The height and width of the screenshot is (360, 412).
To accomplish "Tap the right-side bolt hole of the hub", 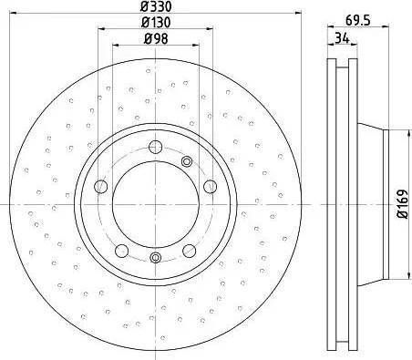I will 210,186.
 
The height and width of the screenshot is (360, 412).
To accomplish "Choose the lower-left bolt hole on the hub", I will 121,251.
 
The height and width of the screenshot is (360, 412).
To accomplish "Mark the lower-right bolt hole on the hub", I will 189,251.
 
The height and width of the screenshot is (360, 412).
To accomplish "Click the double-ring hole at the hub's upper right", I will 187,161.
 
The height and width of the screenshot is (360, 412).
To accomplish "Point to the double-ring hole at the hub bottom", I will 155,259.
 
